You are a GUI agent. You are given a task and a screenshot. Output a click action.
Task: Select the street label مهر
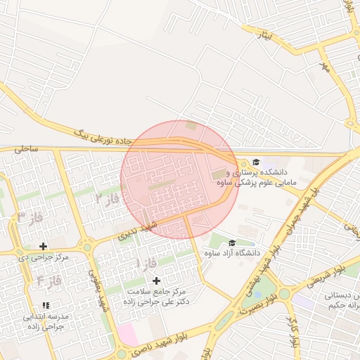324,67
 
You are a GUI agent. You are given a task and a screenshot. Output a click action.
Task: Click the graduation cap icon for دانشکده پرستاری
255,162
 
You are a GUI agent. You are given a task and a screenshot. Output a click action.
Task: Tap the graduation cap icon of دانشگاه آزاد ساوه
231,243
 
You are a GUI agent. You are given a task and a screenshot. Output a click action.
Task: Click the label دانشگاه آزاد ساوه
232,252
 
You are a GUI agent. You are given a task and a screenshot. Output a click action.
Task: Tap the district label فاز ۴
50,281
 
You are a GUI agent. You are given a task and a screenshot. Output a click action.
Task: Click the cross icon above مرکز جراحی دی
44,246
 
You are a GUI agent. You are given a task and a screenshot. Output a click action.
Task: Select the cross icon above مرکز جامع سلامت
156,281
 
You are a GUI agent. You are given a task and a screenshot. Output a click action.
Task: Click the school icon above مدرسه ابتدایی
46,306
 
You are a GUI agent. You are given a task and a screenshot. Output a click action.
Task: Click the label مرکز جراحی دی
45,257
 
